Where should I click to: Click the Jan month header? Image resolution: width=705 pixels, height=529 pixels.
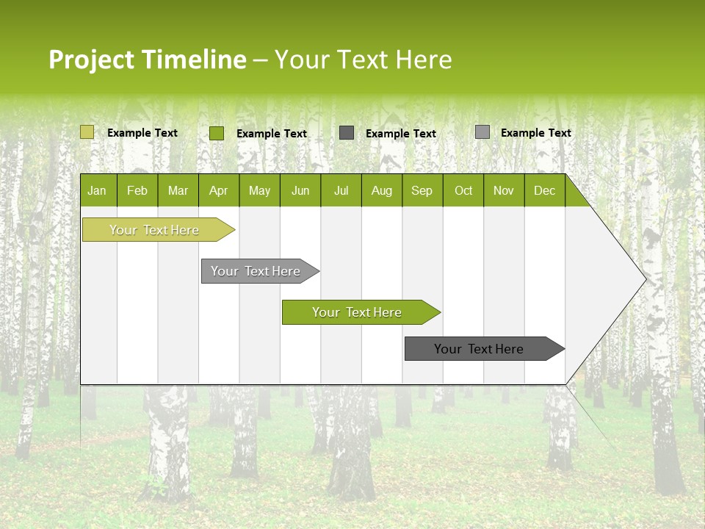(x=97, y=191)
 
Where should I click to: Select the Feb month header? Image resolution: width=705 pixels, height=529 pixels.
(x=137, y=191)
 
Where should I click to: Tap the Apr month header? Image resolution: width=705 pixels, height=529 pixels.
(x=218, y=191)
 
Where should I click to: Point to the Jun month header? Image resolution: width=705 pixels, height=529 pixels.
(x=300, y=191)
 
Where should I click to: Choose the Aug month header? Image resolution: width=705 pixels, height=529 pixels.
(x=381, y=191)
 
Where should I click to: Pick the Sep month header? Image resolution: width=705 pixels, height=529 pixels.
(x=422, y=191)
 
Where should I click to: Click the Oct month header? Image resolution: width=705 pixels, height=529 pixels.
(x=463, y=191)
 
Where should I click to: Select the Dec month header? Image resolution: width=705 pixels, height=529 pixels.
(x=544, y=191)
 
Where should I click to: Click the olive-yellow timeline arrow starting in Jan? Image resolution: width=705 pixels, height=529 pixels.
(x=154, y=230)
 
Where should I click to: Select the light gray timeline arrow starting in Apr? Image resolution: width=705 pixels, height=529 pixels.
(x=256, y=271)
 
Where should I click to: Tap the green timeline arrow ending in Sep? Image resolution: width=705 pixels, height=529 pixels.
(x=357, y=312)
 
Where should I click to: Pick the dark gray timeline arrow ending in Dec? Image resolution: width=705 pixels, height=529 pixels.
(x=479, y=349)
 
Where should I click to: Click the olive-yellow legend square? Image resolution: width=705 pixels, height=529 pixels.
(x=87, y=132)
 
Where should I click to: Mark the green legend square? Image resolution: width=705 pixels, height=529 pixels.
(x=217, y=133)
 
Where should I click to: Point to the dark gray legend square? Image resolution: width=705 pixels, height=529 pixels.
(x=347, y=133)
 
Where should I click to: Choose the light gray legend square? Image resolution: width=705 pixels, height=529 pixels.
(x=482, y=132)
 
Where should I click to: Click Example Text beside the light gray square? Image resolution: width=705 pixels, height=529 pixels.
(x=535, y=133)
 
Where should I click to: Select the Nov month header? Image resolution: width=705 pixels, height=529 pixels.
(x=504, y=191)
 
